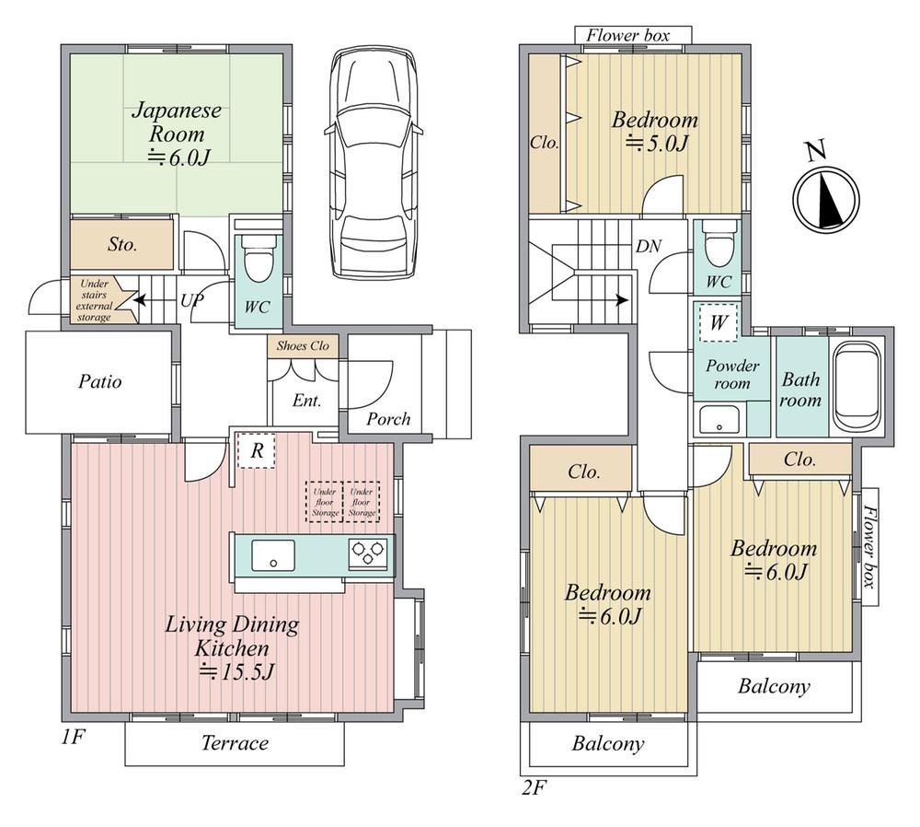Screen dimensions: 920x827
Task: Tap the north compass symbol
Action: [x=826, y=197]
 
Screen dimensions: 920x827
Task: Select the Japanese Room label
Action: [x=177, y=122]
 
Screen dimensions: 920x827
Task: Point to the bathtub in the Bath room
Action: [x=857, y=386]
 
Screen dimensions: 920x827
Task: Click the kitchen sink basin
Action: [x=273, y=555]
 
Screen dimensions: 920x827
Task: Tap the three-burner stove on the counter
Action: [x=368, y=553]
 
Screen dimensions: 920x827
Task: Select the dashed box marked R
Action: [x=257, y=450]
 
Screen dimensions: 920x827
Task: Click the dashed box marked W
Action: [x=719, y=322]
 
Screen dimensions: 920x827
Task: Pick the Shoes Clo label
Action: [x=303, y=345]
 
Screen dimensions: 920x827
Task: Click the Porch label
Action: [x=388, y=419]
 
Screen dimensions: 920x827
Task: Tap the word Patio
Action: [x=99, y=382]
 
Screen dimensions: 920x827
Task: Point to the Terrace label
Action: [x=235, y=743]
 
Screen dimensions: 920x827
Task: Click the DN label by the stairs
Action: [x=649, y=246]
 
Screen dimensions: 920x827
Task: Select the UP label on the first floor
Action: [x=192, y=301]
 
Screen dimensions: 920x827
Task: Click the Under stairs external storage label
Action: [x=94, y=300]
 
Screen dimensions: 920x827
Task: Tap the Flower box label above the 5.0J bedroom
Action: [x=627, y=35]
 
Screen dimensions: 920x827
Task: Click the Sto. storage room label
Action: [x=122, y=244]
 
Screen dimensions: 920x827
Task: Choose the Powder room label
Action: [x=732, y=374]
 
